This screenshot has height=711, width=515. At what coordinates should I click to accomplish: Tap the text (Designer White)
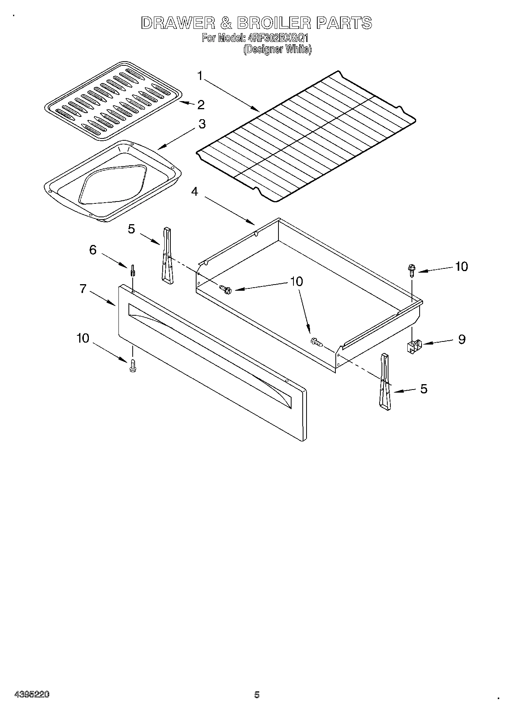tap(277, 49)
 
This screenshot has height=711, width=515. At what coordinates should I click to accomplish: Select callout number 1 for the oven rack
tap(200, 76)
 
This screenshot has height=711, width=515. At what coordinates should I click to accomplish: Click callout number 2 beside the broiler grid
tap(200, 105)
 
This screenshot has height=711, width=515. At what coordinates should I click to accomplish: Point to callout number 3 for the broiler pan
tap(202, 124)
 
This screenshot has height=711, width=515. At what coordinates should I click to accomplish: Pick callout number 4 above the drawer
tap(195, 191)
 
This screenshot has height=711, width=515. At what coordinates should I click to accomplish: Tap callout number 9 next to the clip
tap(462, 339)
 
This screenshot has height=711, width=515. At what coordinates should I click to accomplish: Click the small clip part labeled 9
tap(413, 346)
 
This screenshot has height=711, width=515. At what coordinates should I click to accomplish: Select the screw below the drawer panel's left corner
tap(133, 365)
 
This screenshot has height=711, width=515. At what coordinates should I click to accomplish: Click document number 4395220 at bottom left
tap(32, 694)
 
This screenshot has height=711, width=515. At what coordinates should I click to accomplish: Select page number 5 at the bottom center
tap(257, 694)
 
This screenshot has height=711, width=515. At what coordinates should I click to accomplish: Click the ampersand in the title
tap(227, 23)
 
